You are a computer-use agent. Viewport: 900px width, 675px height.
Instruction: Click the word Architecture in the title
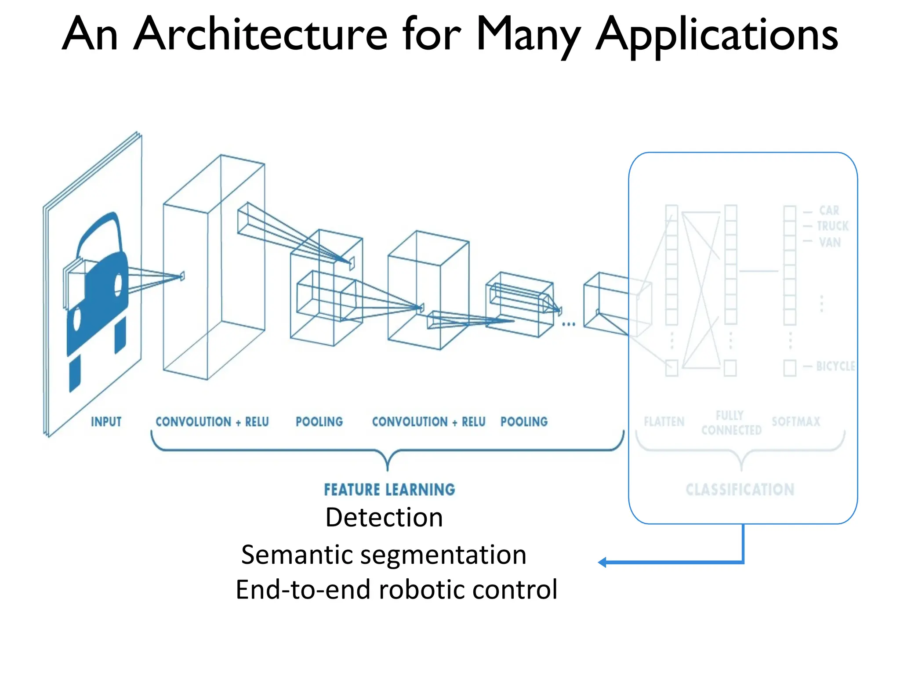[x=260, y=34]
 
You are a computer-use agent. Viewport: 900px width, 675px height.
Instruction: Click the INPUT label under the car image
[x=106, y=422]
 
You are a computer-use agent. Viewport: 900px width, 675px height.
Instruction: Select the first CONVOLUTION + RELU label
[x=212, y=422]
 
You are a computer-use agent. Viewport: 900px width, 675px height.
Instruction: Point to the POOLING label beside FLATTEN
[x=524, y=422]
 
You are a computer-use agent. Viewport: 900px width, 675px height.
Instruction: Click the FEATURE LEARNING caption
[x=389, y=490]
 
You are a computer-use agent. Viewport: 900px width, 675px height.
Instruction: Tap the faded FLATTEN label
[x=664, y=422]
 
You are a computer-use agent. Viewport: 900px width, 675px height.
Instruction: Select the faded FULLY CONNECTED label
[x=731, y=423]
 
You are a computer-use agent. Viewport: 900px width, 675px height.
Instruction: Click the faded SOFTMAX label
[x=796, y=422]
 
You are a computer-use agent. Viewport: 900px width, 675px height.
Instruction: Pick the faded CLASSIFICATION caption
[x=740, y=490]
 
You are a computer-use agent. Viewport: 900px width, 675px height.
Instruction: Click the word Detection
[x=384, y=517]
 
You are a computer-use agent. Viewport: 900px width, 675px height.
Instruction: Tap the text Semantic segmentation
[x=384, y=555]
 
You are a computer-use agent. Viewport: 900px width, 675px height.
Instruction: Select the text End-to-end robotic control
[x=396, y=590]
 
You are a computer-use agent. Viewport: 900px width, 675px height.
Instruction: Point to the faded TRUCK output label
[x=832, y=226]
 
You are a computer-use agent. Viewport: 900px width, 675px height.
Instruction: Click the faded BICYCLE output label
[x=835, y=366]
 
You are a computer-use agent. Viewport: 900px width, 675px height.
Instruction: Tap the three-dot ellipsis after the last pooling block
[x=568, y=324]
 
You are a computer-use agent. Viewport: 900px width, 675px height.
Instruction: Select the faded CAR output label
[x=829, y=210]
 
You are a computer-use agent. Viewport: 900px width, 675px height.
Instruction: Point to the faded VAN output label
[x=830, y=242]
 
